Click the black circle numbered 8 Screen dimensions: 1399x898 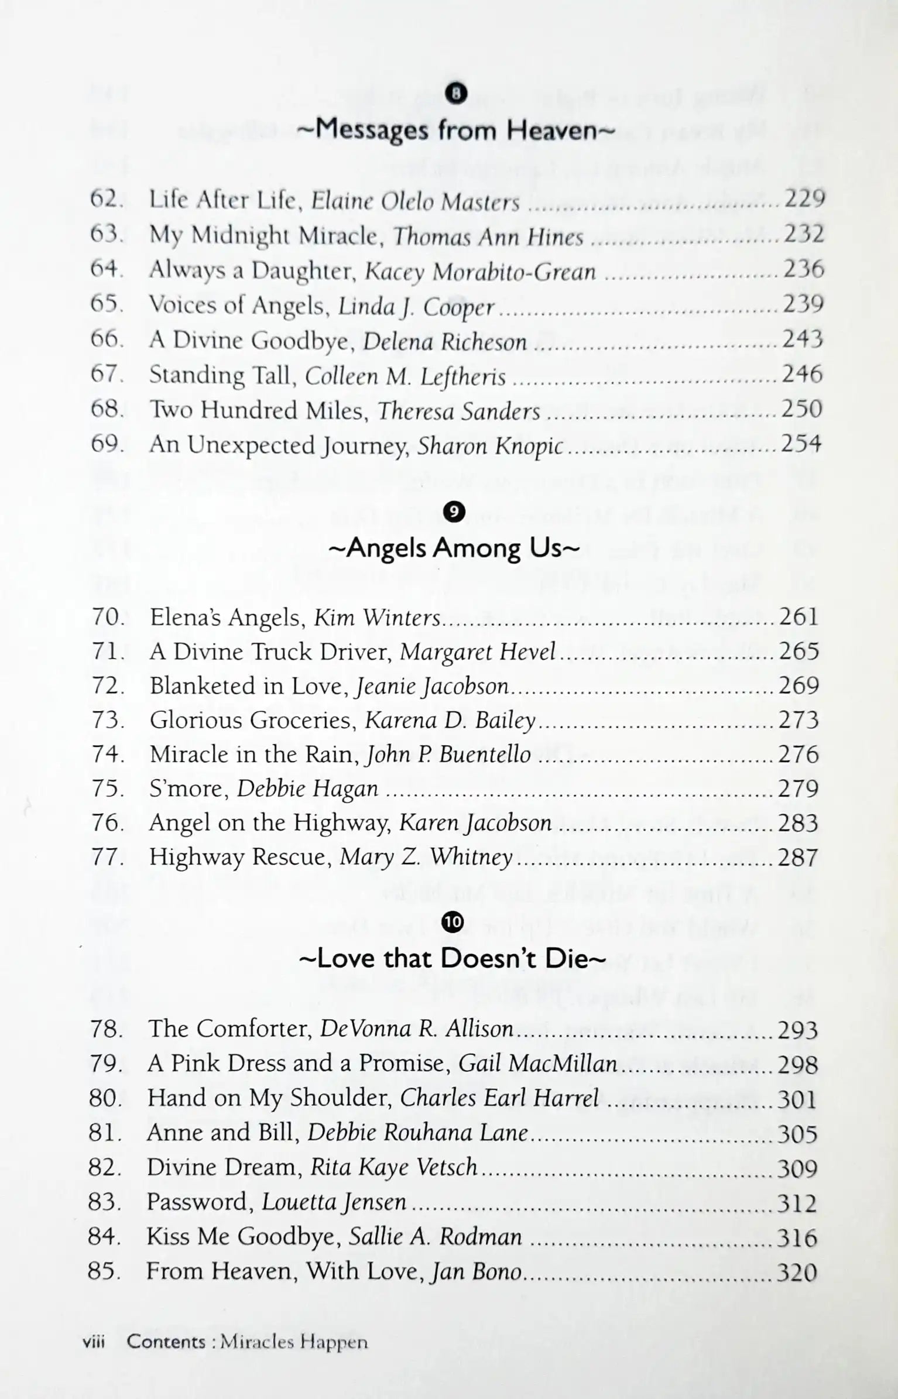click(456, 92)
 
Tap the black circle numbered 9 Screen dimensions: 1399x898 click(454, 512)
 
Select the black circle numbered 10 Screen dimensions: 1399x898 click(453, 922)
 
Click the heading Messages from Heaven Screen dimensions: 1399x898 click(455, 130)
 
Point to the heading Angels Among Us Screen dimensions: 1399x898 click(454, 548)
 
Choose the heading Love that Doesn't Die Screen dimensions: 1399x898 click(453, 958)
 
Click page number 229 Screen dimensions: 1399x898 click(804, 199)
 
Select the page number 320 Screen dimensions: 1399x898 click(797, 1273)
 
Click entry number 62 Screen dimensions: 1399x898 click(106, 199)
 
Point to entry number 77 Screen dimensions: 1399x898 click(108, 857)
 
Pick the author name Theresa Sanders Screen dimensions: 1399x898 click(458, 411)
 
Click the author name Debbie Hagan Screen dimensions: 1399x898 click(307, 789)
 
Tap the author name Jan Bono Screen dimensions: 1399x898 click(475, 1271)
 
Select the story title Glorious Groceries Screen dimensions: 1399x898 click(252, 720)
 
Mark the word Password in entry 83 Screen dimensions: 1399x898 click(197, 1202)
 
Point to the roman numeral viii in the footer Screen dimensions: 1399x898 click(94, 1342)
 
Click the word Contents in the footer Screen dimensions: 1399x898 click(166, 1342)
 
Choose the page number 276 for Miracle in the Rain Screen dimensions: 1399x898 click(798, 755)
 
